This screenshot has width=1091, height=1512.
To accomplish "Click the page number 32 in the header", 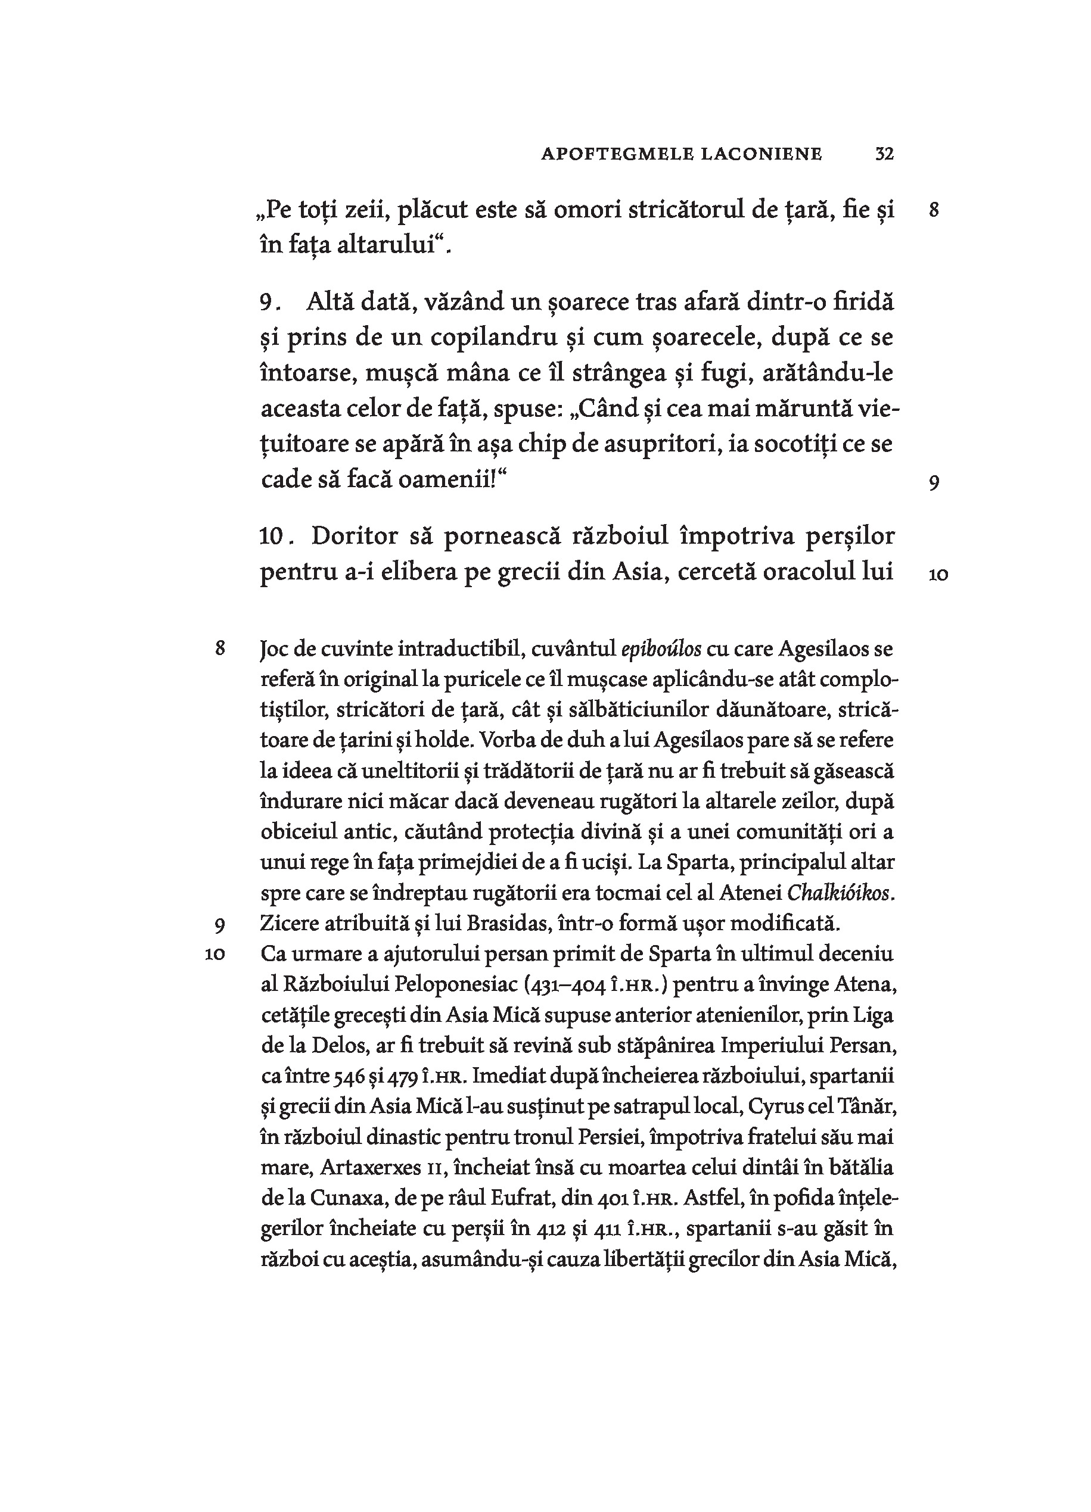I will pyautogui.click(x=884, y=154).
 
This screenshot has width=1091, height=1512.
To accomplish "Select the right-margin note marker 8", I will pyautogui.click(x=934, y=211).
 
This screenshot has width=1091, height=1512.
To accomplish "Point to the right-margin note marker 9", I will pyautogui.click(x=934, y=483).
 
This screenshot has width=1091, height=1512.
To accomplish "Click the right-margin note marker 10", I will pyautogui.click(x=938, y=575).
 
